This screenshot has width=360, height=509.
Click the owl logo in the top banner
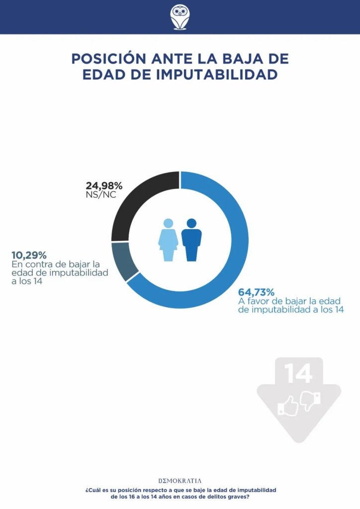point(180,17)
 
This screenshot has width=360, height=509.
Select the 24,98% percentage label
point(104,186)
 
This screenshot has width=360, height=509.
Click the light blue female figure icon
point(168,240)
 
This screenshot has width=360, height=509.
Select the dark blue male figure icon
point(191,240)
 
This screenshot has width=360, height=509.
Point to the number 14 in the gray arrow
point(298,373)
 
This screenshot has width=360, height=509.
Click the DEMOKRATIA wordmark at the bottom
point(180,481)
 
